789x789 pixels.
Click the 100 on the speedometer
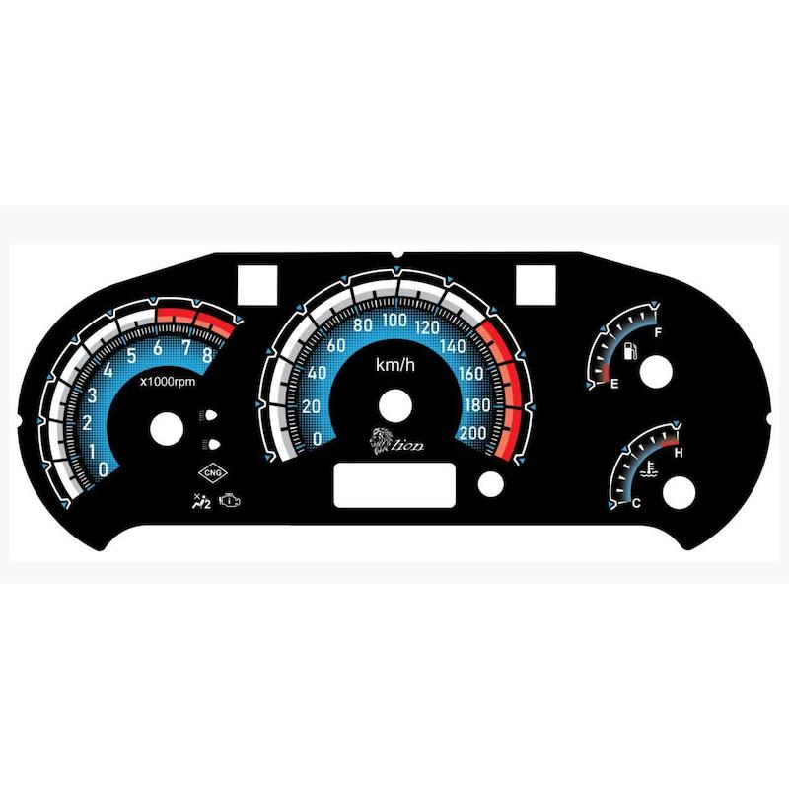394,320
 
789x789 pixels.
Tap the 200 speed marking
473,433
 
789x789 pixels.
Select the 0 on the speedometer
317,439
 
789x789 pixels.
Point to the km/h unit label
395,364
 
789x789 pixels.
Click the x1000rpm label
168,382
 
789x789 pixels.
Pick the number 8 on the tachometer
207,356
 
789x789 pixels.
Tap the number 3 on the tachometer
92,395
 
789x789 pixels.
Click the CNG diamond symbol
213,473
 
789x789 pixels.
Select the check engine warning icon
230,501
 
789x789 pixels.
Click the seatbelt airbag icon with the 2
202,502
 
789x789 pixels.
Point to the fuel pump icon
630,351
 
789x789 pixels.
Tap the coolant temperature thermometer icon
649,469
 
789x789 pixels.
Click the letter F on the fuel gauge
657,332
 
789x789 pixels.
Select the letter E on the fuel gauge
614,385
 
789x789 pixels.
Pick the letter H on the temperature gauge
679,453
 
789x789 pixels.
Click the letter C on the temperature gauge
636,503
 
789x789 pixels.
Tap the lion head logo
382,441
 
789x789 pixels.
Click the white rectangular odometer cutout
395,485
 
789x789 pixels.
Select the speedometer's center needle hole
395,405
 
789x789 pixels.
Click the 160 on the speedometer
471,374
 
